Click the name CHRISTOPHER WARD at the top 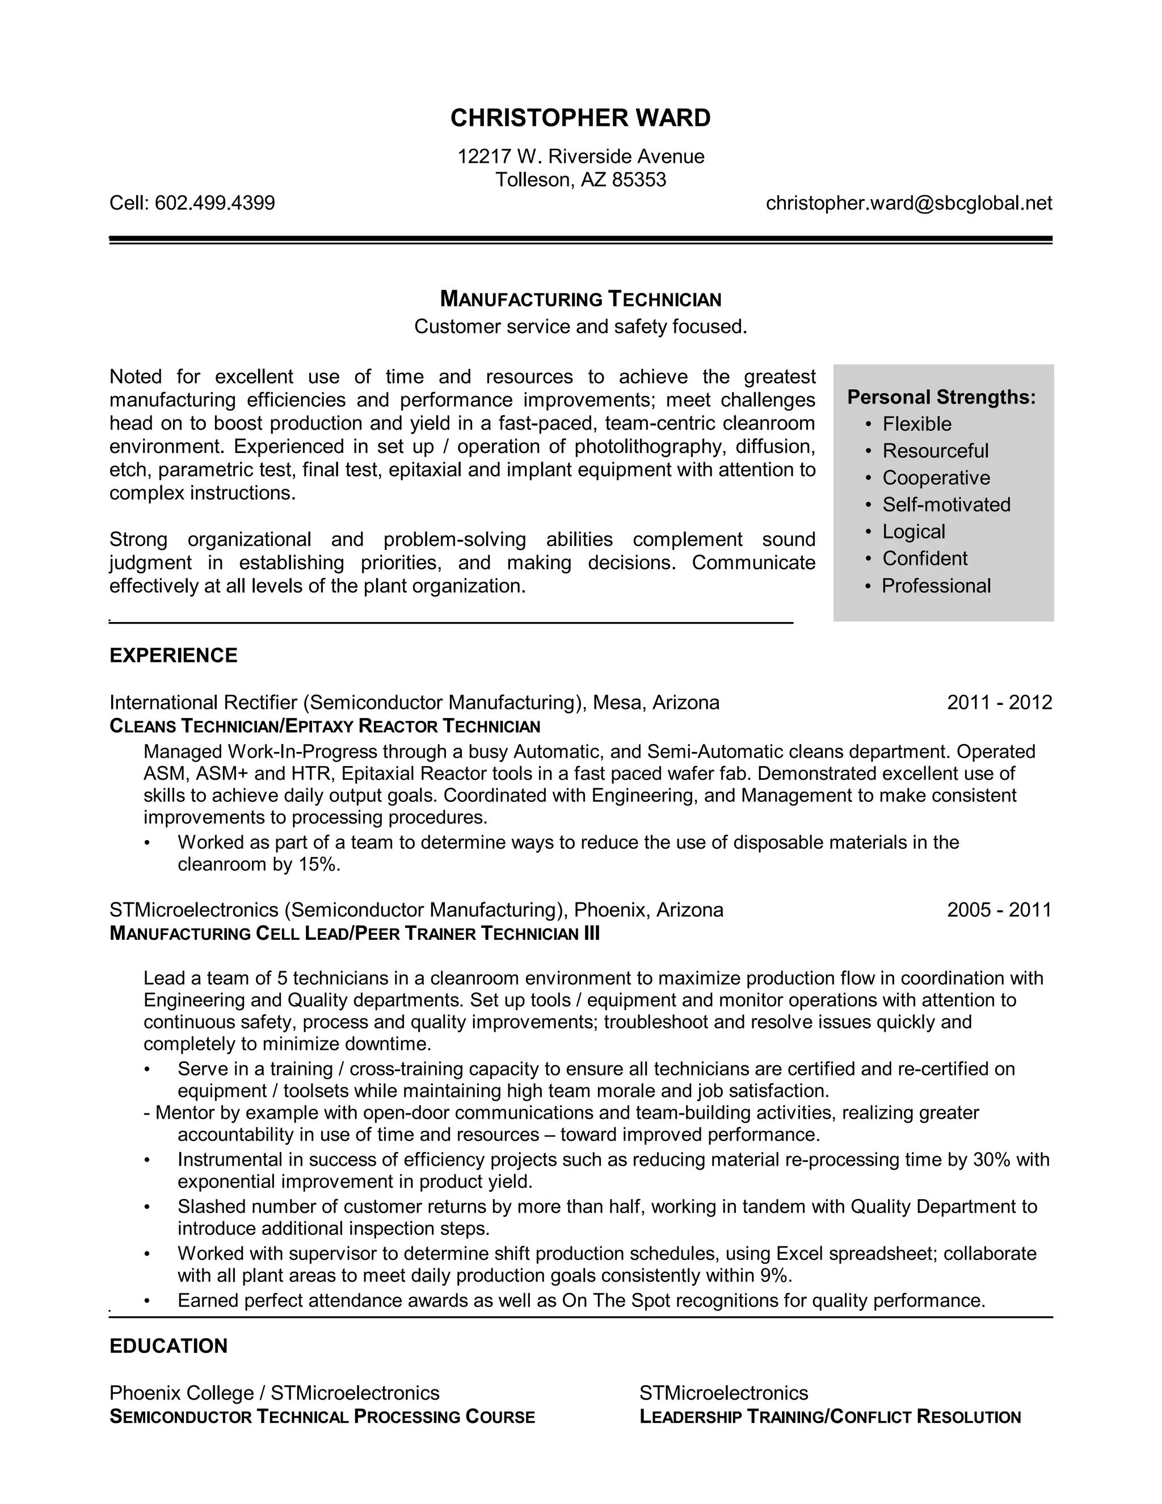tap(580, 119)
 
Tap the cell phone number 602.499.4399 tap(215, 203)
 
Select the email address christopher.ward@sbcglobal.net tap(909, 203)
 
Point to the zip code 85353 tap(639, 180)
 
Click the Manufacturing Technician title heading tap(580, 300)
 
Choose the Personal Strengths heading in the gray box tap(941, 397)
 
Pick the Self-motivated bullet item tap(946, 505)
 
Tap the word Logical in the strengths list tap(913, 532)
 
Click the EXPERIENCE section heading tap(174, 656)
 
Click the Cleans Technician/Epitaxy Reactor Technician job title tap(325, 726)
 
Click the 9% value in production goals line tap(774, 1276)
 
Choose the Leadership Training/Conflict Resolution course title tap(830, 1417)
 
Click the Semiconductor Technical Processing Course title tap(322, 1417)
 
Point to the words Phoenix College tap(182, 1393)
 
